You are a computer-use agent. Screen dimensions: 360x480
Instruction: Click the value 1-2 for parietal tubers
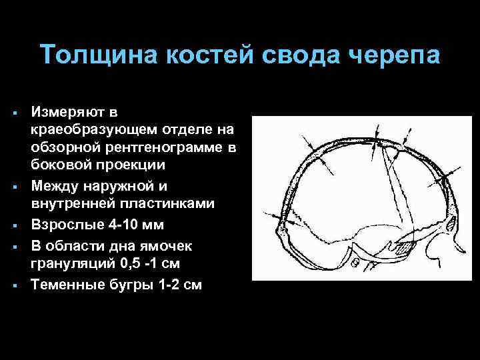pyautogui.click(x=162, y=285)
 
